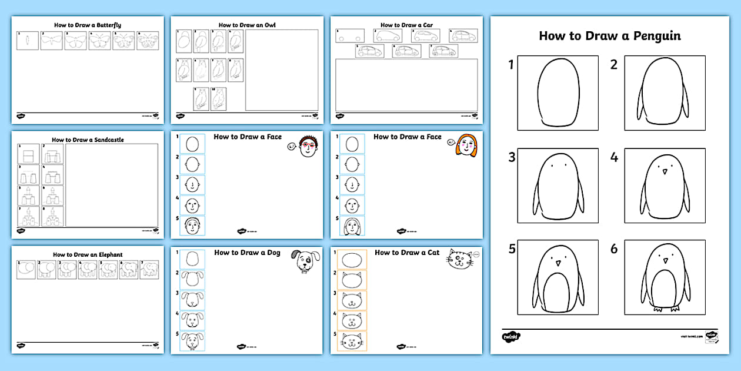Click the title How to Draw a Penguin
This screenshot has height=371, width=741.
coord(610,36)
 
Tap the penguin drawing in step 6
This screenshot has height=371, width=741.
coord(665,277)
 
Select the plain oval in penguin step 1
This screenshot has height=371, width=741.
coord(558,92)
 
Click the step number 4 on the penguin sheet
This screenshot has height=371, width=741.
coord(614,157)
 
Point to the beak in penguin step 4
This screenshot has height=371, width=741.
coord(665,171)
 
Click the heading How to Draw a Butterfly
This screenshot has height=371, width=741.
coord(88,25)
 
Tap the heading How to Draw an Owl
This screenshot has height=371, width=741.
coord(247,25)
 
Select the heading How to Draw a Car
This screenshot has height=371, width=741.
coord(406,25)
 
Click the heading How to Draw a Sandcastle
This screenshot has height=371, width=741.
coord(88,140)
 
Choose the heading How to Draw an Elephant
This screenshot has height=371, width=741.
coord(88,255)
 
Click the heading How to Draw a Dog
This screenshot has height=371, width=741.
coord(247,253)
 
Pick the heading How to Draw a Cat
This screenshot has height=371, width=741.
coord(407,253)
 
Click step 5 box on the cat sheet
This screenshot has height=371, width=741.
coord(352,342)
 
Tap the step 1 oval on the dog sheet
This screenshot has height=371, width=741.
coord(192,260)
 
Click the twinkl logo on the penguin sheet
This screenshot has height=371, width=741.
coord(510,336)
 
